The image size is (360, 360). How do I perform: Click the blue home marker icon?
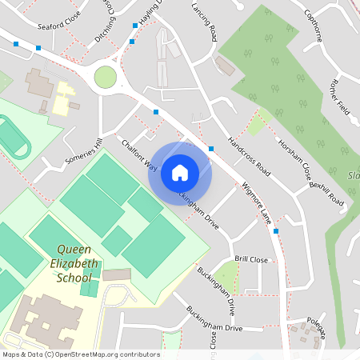180,173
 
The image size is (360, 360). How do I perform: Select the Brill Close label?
251,260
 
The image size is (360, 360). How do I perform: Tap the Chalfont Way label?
139,154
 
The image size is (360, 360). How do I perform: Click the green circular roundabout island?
105,77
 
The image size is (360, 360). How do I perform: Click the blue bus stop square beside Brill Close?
276,231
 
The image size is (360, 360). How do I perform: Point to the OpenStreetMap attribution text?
81,354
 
